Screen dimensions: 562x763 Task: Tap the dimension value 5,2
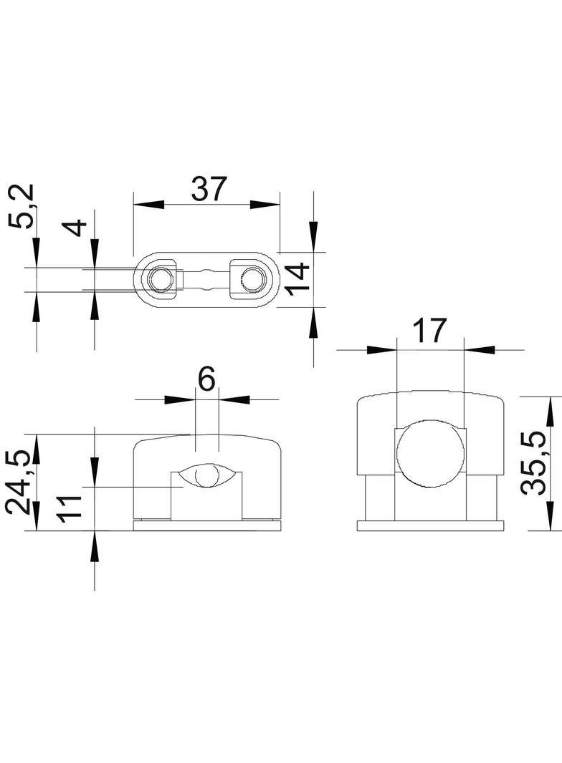pos(22,206)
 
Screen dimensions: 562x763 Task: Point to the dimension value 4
pos(77,228)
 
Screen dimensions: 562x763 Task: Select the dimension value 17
pos(429,331)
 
